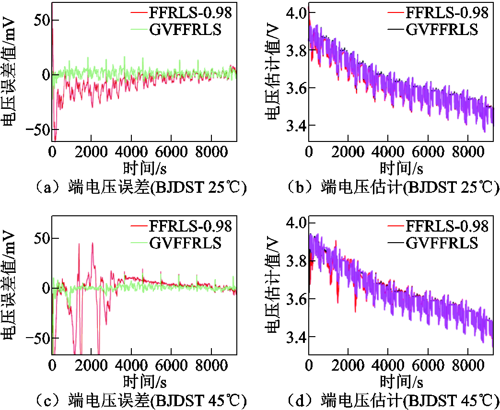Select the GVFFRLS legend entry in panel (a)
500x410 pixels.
point(186,30)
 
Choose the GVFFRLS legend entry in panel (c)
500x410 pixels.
point(186,243)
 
